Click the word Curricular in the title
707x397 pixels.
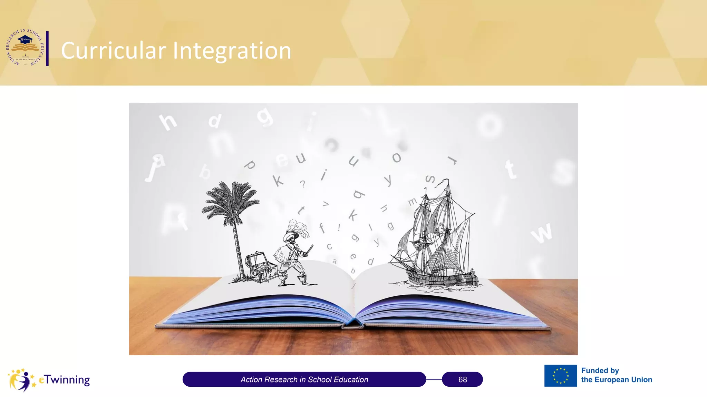click(113, 51)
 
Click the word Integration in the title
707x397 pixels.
click(232, 51)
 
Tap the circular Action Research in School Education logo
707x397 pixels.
click(25, 48)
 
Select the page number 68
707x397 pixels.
click(462, 379)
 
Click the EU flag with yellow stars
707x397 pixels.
click(560, 376)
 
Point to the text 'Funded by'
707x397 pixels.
click(600, 370)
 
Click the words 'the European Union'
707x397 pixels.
click(617, 379)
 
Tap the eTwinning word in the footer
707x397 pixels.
click(65, 379)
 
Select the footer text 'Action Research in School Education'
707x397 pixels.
click(304, 379)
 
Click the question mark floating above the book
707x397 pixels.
click(303, 184)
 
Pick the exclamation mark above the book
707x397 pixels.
click(339, 227)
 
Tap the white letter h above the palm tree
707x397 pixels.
click(168, 121)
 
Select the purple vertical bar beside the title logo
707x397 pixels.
click(47, 48)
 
